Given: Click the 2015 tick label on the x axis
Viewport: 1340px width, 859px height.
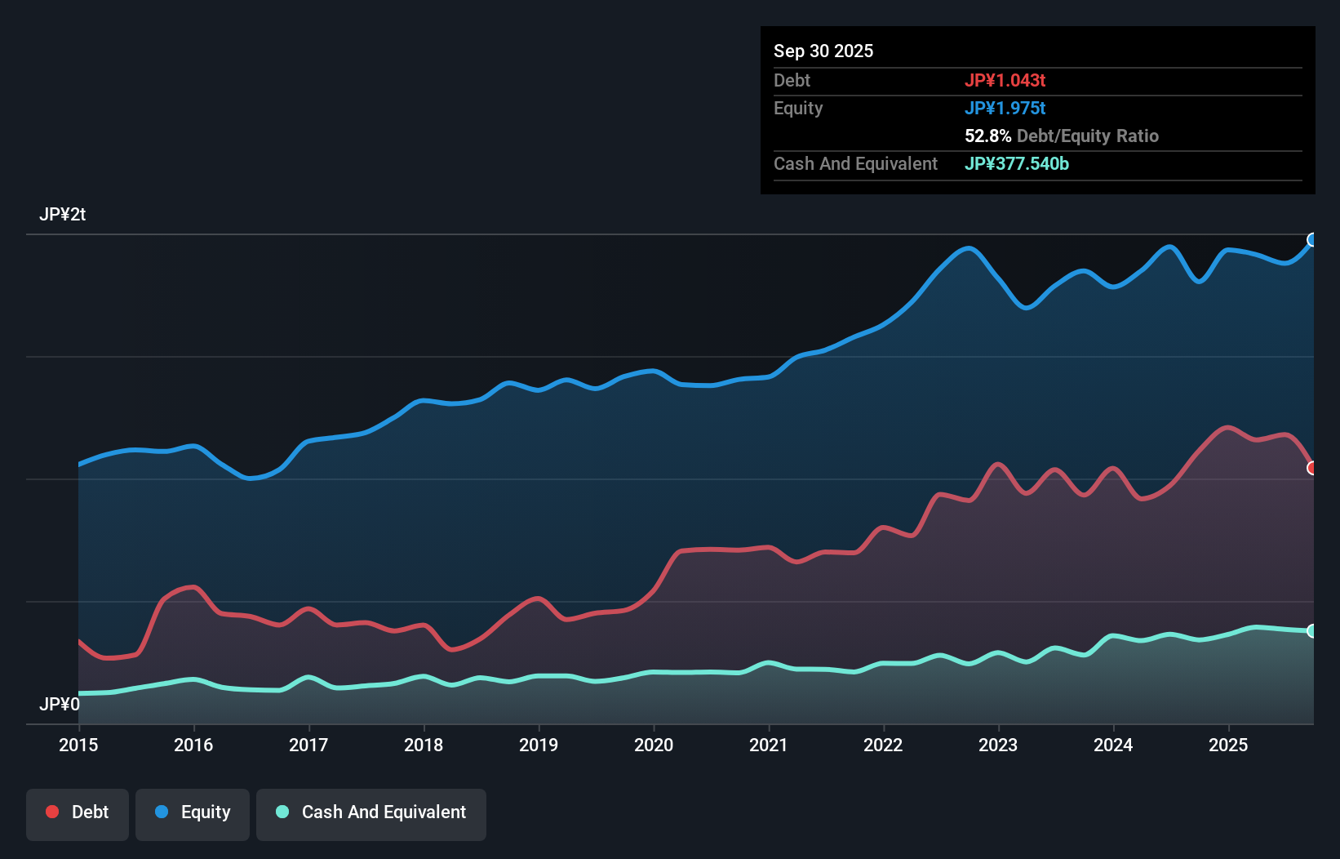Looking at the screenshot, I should (78, 745).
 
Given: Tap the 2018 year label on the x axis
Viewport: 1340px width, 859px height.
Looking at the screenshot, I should (424, 745).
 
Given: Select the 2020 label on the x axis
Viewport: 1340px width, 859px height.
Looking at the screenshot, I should (654, 745).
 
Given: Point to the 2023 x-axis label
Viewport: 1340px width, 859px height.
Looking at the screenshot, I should (998, 745).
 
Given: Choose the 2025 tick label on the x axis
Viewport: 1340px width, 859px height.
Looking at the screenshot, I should (1228, 745).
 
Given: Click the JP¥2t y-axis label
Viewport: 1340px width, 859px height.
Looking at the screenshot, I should (62, 215).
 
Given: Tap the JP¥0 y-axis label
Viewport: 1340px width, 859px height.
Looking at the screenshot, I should (60, 704).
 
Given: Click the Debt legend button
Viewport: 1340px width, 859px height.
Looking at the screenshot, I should (78, 812).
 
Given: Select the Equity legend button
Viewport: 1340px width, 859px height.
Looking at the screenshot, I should (193, 812).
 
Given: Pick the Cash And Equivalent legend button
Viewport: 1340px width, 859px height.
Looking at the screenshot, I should (371, 812).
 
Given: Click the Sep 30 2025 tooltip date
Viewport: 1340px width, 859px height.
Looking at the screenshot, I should (823, 51).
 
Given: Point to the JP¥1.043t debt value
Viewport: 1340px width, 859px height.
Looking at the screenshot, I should (1005, 80).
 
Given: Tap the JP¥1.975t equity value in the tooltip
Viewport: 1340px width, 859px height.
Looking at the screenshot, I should (1005, 108).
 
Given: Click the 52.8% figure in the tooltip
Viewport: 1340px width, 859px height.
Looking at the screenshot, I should (987, 136).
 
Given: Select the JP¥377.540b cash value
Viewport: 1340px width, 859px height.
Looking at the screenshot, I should (1016, 163).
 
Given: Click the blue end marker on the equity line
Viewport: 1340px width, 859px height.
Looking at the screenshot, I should (1312, 239).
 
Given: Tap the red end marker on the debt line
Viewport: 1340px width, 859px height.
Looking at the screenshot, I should (1312, 468).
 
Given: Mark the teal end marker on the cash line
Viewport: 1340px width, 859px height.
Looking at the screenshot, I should (1312, 630).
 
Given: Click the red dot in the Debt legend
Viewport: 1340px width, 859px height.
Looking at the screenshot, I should (52, 812).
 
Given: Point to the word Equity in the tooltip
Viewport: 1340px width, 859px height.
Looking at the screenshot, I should (798, 108).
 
